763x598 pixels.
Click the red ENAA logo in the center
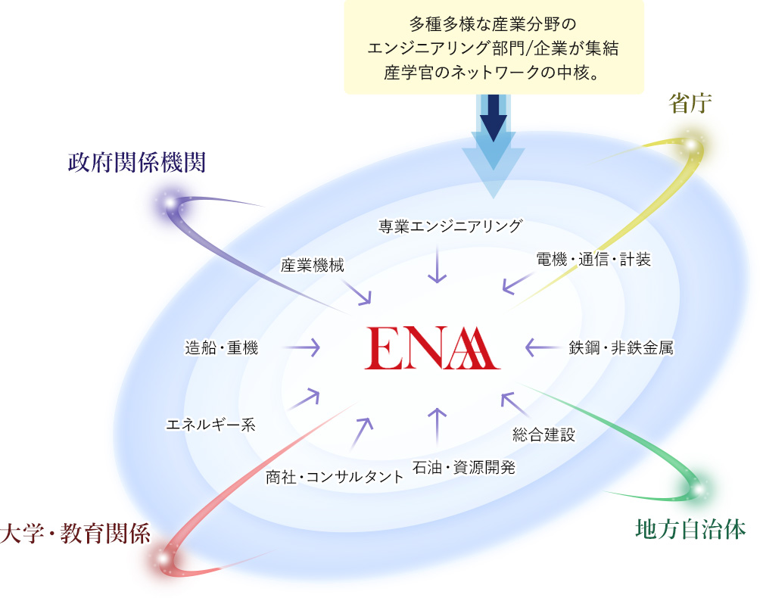(432, 348)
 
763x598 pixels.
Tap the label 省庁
(690, 103)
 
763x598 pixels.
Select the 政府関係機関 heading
(137, 163)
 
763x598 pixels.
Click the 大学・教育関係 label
(75, 534)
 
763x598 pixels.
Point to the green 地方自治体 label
(690, 529)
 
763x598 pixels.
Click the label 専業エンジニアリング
(450, 226)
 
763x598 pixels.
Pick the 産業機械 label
(313, 266)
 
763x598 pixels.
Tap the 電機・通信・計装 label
(593, 260)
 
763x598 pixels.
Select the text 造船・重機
(221, 348)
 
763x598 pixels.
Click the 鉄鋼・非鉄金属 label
(621, 348)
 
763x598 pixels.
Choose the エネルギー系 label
(210, 425)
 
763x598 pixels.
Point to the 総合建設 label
(544, 434)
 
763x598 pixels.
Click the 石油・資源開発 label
(464, 468)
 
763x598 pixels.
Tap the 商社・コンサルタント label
(335, 477)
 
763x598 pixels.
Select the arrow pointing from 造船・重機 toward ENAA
(301, 348)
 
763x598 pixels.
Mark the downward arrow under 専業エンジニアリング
(437, 264)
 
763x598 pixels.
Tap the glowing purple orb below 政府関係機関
(170, 202)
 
